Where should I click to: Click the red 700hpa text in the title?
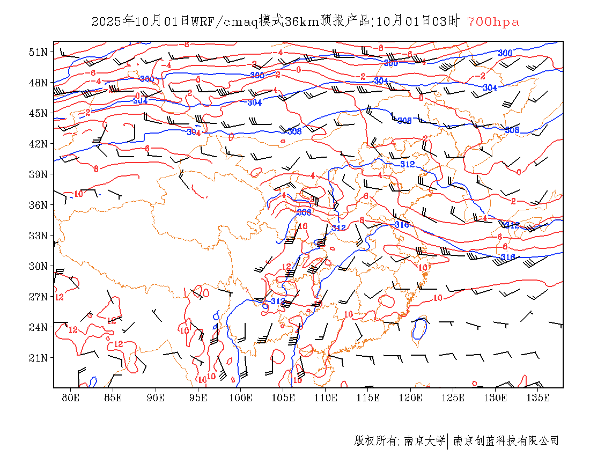point(493,22)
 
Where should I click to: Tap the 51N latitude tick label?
point(38,52)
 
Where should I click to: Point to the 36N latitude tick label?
point(38,205)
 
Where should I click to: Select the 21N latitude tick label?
point(38,358)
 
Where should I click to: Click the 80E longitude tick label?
point(71,398)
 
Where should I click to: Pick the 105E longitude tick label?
point(283,398)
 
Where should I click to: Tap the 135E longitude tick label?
point(538,398)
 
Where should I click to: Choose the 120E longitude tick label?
point(410,398)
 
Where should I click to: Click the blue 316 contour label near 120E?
point(401,224)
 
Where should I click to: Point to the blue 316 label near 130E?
point(507,258)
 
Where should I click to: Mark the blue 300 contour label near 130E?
point(505,53)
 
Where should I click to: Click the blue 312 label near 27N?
point(278,301)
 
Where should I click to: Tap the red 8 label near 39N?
point(96,168)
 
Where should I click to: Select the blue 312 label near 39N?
point(408,164)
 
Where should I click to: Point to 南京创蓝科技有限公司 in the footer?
point(506,441)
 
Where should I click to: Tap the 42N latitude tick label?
point(38,144)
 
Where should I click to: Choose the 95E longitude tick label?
point(198,398)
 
